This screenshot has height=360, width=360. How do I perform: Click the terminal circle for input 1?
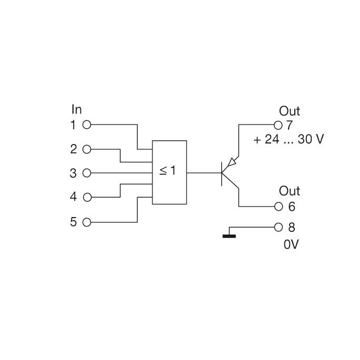87,125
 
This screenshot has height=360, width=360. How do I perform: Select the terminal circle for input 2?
87,149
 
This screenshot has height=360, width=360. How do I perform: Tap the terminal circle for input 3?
87,173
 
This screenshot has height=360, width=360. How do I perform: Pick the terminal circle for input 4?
87,198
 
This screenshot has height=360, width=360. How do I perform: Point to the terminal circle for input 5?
87,222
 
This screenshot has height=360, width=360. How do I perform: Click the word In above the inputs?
77,110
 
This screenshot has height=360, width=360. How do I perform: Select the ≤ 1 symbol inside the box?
168,171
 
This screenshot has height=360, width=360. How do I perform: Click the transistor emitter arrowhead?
232,162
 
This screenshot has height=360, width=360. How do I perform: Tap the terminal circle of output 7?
279,125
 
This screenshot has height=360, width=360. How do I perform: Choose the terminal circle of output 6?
279,207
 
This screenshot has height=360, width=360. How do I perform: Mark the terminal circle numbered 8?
279,228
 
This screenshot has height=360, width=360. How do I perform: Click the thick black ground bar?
229,236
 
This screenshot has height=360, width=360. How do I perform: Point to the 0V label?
291,245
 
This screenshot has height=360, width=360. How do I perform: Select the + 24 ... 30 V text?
289,140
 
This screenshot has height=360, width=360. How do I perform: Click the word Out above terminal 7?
290,111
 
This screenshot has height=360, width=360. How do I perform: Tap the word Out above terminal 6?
290,191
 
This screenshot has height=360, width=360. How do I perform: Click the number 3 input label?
74,173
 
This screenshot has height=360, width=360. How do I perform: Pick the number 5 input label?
74,222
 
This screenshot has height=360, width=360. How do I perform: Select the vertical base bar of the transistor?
222,172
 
